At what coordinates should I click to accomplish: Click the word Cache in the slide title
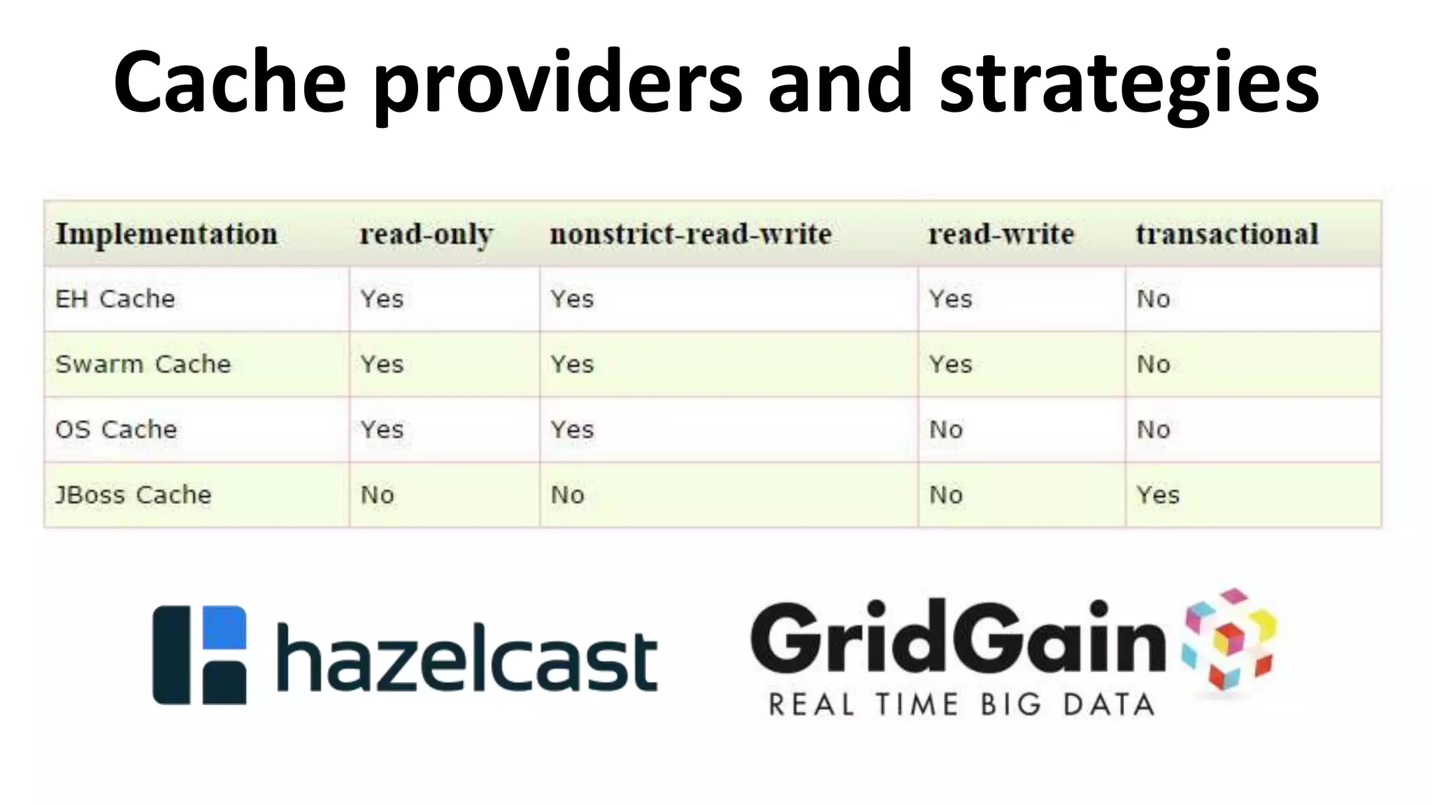point(230,82)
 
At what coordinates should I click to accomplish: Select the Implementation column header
point(166,234)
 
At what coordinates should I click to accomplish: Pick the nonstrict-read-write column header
point(691,234)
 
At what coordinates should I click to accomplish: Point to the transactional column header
point(1227,234)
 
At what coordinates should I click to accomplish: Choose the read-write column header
point(1001,234)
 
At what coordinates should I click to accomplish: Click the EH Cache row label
point(115,299)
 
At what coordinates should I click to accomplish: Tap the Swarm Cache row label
point(143,364)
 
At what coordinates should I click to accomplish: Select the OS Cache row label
point(116,429)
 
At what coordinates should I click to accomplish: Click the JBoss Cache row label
point(134,495)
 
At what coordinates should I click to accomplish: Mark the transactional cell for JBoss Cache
point(1158,495)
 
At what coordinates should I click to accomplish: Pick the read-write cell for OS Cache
point(946,430)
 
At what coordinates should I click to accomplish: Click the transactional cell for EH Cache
point(1153,299)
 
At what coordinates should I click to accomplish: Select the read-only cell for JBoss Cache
point(378,495)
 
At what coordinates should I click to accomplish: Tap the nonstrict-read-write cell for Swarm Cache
point(572,364)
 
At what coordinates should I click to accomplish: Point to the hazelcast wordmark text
point(467,658)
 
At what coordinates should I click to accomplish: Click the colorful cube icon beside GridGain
point(1229,639)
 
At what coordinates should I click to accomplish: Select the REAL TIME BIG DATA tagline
point(961,704)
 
